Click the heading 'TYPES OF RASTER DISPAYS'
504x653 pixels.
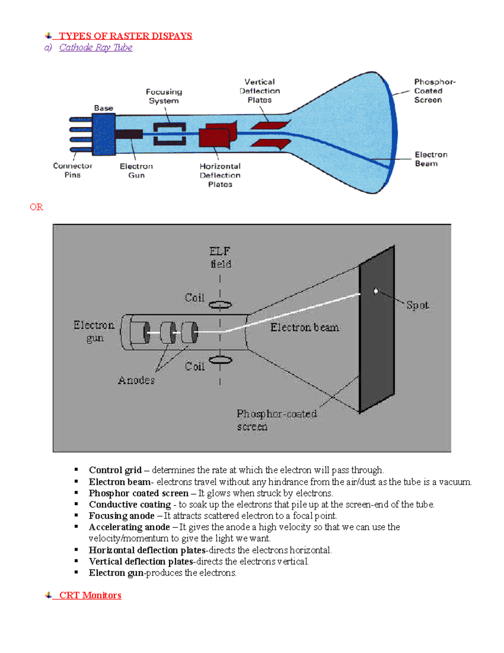tap(125, 36)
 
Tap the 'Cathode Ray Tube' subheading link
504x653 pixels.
tap(96, 48)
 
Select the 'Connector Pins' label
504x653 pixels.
tap(72, 170)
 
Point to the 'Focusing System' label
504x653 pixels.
tap(164, 96)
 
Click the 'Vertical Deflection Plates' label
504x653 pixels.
tap(260, 91)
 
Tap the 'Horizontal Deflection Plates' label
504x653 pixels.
tap(220, 175)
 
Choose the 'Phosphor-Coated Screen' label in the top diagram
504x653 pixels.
tap(434, 91)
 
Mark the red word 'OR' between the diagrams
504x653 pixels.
tap(37, 207)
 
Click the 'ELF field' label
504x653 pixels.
tap(220, 257)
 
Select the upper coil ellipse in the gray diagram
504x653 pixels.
tap(220, 305)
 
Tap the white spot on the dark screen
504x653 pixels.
tap(376, 291)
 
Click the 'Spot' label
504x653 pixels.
tap(417, 305)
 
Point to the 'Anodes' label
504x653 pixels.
tap(136, 380)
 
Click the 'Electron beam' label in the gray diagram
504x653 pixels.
tap(304, 328)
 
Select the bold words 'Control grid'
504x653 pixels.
tap(115, 470)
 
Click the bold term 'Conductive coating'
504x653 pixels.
tap(130, 504)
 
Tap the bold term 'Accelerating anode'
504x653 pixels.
tap(129, 527)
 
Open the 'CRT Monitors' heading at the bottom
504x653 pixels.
tap(90, 595)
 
